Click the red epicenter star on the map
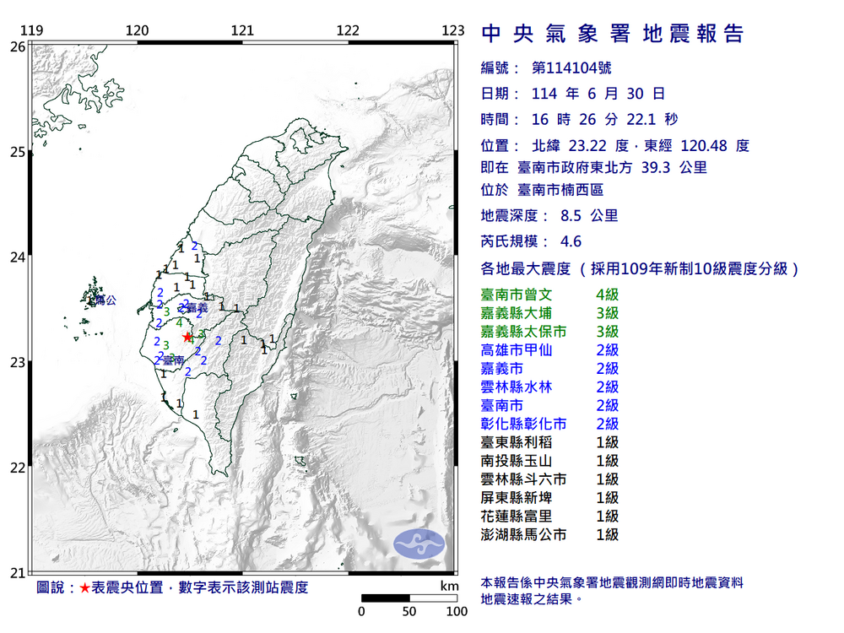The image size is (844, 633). coord(187,336)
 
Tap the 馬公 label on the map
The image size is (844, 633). coord(104,300)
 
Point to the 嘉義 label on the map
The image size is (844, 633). coord(196,308)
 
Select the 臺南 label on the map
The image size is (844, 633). coord(174,360)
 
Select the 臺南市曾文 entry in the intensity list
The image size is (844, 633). coord(516,295)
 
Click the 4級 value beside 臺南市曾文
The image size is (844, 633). coord(607,295)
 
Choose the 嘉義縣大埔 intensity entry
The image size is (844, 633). coord(516,313)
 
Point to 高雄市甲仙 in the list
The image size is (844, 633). coord(516,350)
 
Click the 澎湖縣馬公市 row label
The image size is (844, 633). coord(523,534)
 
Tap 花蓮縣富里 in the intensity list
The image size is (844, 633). coord(516,516)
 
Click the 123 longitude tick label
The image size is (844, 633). coord(453,31)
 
